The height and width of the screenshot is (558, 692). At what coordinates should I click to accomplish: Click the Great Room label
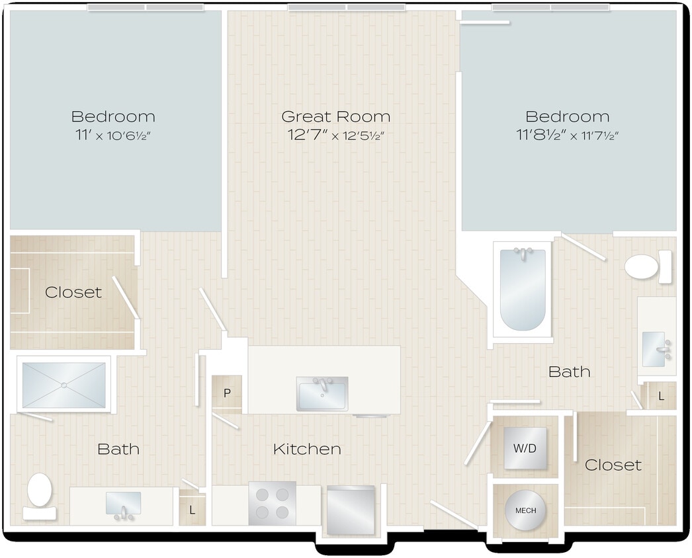tap(335, 117)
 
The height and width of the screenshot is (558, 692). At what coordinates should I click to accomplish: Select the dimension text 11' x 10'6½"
tap(113, 136)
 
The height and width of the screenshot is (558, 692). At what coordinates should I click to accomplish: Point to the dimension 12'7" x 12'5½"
tap(335, 136)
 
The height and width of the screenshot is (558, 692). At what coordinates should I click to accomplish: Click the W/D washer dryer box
tap(525, 448)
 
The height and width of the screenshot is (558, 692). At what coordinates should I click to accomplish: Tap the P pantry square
tap(227, 393)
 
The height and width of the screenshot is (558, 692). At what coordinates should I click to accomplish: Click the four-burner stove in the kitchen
tap(272, 503)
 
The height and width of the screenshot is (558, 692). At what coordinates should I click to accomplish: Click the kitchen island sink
tap(322, 394)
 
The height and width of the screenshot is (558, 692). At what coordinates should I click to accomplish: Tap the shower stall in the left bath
tap(64, 385)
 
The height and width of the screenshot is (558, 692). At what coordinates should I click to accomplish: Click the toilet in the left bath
tap(40, 494)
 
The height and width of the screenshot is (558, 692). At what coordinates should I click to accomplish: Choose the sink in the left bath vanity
tap(124, 504)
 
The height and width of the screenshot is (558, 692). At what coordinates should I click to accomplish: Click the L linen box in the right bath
tap(661, 396)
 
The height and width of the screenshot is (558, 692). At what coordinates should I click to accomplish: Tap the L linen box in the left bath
tap(192, 510)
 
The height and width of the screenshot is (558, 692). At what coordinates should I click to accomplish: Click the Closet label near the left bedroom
tap(73, 292)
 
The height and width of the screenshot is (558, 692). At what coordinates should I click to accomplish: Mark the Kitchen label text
tap(307, 450)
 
